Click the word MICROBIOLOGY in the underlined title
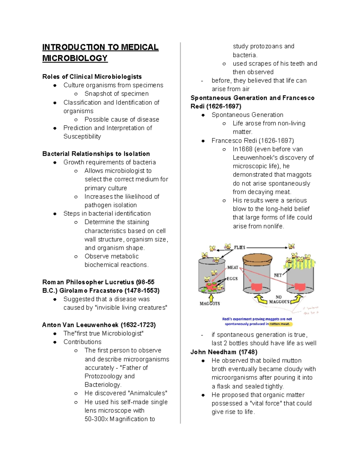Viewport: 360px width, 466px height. [75, 58]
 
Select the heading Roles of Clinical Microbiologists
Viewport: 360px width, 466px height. [92, 77]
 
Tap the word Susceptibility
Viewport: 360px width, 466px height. [82, 136]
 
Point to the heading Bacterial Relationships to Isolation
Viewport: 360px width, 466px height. [96, 154]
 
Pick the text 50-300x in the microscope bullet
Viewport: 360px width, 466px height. [96, 419]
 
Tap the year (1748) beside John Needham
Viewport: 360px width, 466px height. [248, 352]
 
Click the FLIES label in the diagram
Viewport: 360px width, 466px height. [239, 248]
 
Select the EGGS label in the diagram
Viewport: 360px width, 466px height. [232, 278]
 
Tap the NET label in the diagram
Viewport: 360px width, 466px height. [278, 275]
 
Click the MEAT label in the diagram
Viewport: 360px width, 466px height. [232, 267]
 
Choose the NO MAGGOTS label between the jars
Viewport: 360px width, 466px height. [279, 299]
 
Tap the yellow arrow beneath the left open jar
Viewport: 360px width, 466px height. [211, 297]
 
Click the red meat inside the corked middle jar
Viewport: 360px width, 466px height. [256, 287]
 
